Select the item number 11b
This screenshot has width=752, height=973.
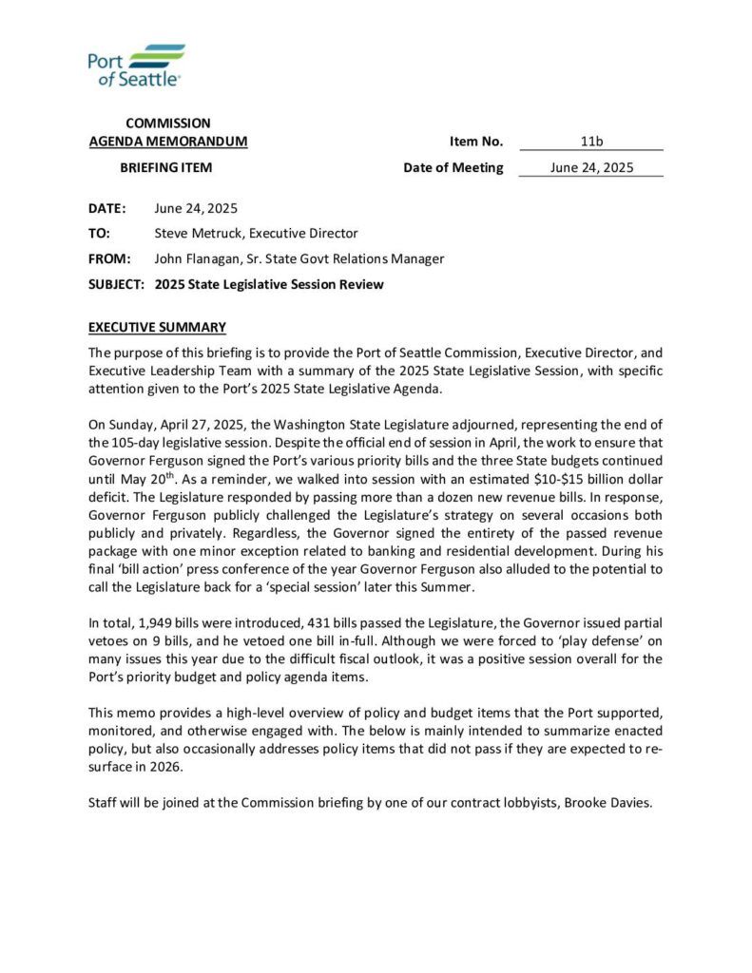click(591, 142)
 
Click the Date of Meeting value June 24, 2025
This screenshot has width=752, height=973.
click(591, 168)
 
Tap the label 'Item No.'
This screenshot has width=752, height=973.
click(476, 142)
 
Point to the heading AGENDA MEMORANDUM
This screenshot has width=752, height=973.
click(168, 142)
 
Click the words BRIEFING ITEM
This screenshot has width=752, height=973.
click(165, 168)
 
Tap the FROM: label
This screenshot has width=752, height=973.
click(107, 258)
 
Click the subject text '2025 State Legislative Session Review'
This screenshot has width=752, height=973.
click(269, 284)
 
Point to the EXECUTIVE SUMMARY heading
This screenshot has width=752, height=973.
click(157, 328)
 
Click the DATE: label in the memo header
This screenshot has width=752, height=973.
click(106, 208)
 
